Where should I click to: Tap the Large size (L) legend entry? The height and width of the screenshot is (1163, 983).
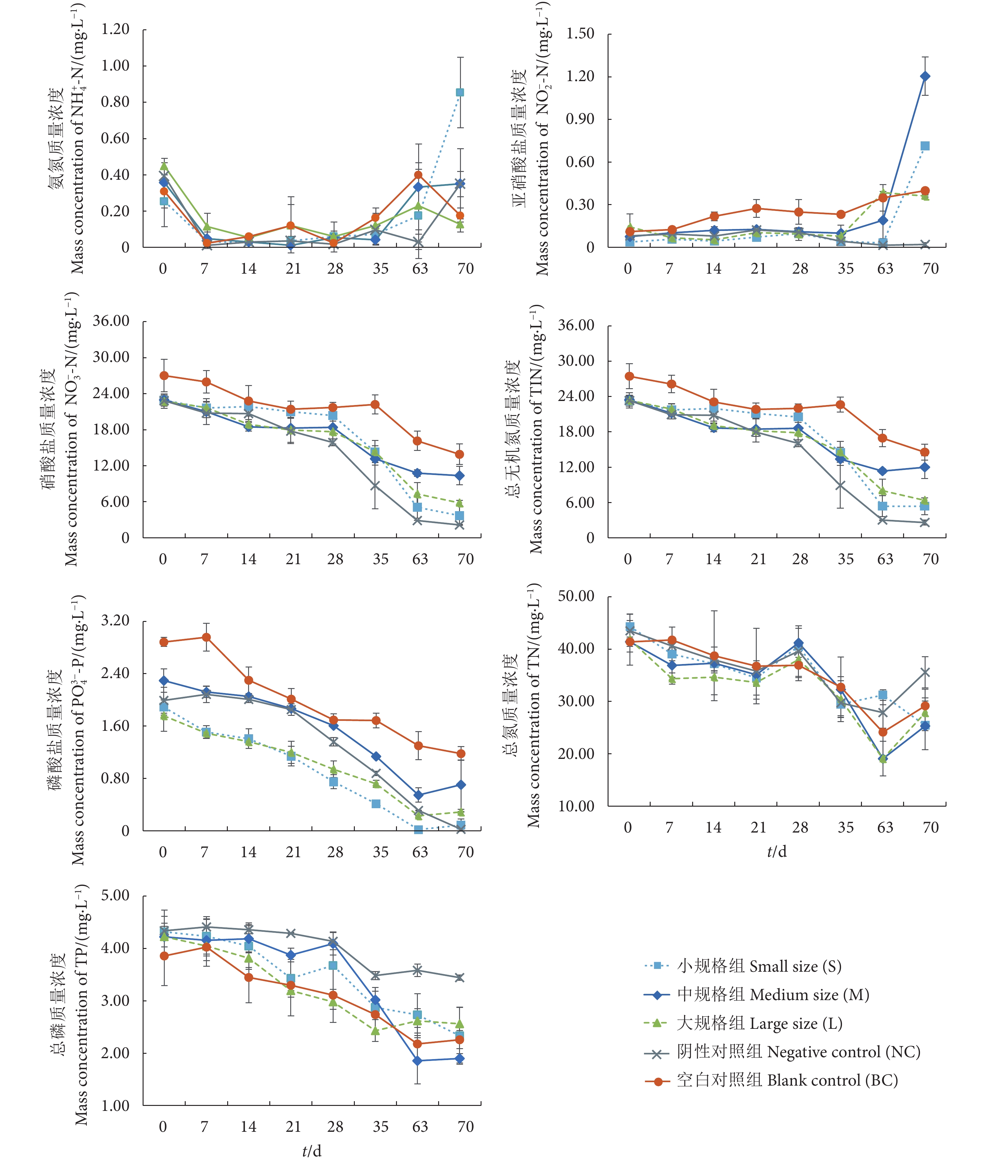759,1023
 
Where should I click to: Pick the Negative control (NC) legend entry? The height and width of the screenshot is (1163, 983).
798,1052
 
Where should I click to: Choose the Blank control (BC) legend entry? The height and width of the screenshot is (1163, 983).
787,1080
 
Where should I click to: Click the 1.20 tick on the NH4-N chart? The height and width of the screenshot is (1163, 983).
115,29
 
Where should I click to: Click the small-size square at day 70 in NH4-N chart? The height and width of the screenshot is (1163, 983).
460,92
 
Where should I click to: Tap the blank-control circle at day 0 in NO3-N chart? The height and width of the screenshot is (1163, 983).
164,376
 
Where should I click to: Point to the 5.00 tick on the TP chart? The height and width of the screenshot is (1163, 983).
115,896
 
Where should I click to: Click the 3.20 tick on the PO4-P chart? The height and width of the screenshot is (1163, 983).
115,620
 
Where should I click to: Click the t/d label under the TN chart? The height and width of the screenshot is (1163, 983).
777,852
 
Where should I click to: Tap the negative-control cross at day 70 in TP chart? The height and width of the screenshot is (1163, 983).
460,977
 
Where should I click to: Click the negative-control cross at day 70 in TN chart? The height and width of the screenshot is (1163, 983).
925,672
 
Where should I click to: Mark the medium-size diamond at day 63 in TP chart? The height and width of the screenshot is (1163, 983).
418,1061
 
